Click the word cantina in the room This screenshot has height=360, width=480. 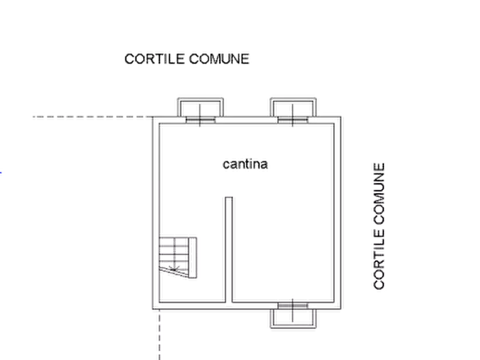[245, 164]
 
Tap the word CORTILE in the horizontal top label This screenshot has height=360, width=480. [155, 59]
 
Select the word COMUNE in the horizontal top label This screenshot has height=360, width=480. [219, 59]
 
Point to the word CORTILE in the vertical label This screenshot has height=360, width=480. [379, 262]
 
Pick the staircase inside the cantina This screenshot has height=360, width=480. [178, 257]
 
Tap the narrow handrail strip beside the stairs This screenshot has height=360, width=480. [192, 257]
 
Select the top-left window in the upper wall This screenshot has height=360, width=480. [200, 120]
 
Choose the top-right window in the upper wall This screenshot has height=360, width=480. [293, 120]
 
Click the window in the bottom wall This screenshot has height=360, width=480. [293, 306]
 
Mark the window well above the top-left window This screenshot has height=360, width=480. [200, 107]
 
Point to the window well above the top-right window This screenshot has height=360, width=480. [293, 107]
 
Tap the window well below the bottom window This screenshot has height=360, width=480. [293, 319]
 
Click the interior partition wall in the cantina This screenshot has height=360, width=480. [228, 249]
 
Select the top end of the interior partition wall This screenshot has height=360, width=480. [228, 197]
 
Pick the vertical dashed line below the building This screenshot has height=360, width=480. [160, 335]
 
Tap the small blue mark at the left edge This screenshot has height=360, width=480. [1, 173]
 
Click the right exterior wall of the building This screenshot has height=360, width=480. [338, 213]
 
